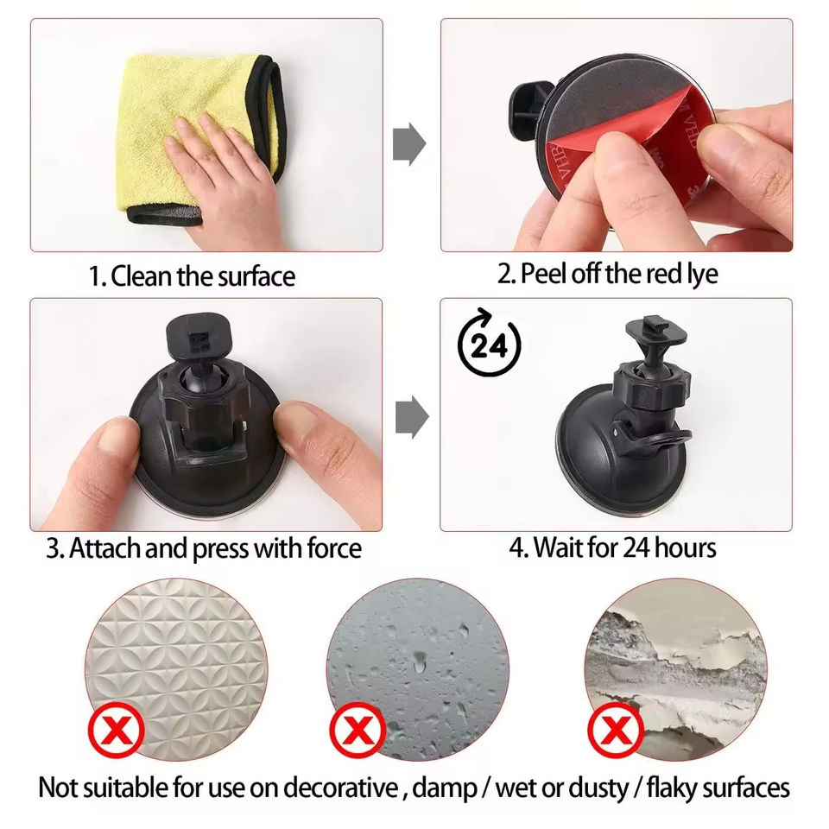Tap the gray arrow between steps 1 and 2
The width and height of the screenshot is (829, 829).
[409, 143]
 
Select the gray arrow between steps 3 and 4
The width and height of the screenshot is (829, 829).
[412, 417]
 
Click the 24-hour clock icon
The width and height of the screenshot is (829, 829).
[489, 342]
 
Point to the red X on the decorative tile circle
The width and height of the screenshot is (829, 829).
[116, 731]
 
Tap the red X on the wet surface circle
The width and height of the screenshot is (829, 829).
[358, 731]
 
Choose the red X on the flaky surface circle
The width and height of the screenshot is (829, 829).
[615, 731]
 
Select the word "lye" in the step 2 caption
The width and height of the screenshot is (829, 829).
[702, 275]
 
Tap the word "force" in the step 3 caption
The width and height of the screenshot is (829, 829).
[334, 548]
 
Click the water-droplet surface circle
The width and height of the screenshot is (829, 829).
[417, 668]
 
